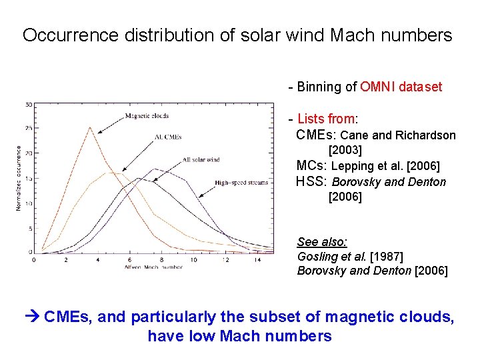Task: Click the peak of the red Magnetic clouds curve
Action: pos(90,128)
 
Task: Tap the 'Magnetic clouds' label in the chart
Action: pos(147,116)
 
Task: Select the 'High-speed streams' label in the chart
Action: pos(241,183)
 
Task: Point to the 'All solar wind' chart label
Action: pos(201,160)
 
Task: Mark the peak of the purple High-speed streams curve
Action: pos(155,169)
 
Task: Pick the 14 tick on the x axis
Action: pos(257,260)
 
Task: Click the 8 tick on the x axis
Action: pos(161,260)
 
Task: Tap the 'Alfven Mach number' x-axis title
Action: pos(153,267)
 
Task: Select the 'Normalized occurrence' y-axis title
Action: pos(19,178)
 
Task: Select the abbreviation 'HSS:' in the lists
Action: pos(311,182)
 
